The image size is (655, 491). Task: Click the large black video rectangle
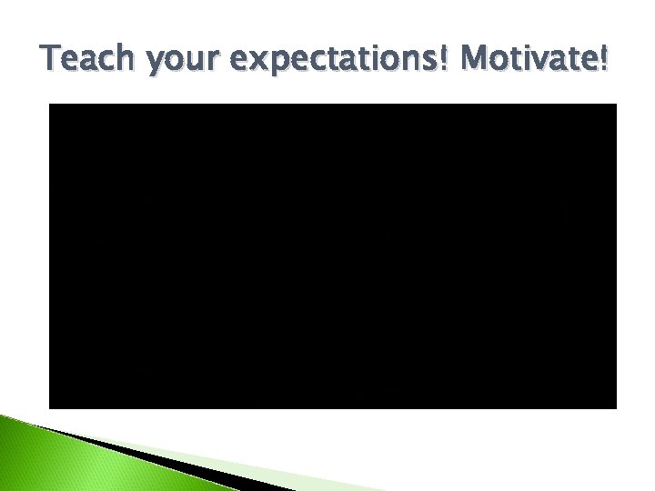tap(332, 256)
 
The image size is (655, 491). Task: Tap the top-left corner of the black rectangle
tap(49, 105)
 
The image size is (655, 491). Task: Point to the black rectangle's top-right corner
tap(616, 105)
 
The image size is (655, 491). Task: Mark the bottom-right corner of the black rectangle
tap(616, 407)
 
